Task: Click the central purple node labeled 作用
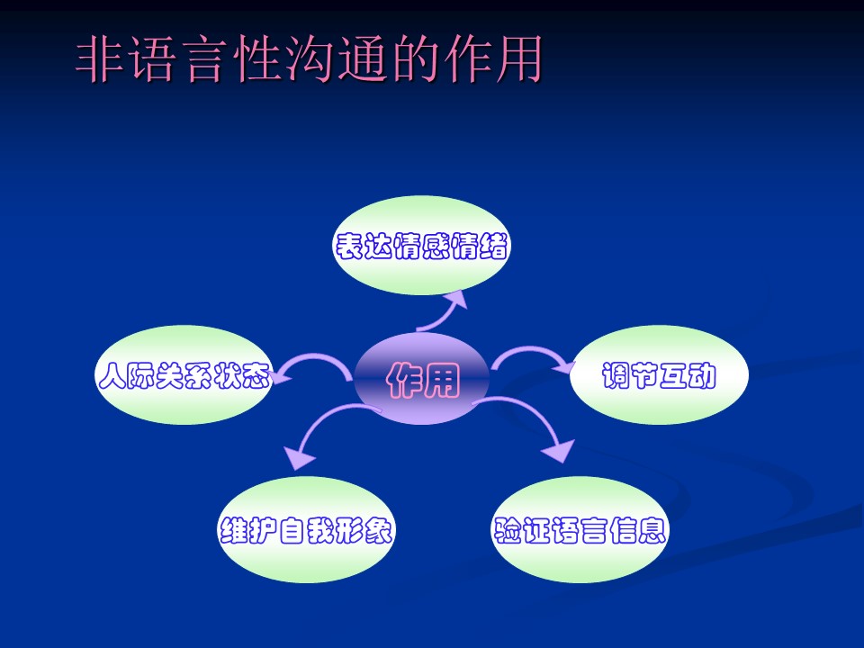[421, 379]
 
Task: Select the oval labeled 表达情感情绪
[421, 245]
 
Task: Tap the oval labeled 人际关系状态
[184, 374]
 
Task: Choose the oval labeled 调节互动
[659, 374]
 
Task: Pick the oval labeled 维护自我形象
[306, 529]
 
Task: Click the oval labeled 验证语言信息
[579, 529]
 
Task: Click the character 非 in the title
[99, 59]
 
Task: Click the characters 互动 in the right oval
[688, 376]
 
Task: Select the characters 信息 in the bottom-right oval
[638, 530]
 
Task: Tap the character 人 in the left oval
[112, 376]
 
